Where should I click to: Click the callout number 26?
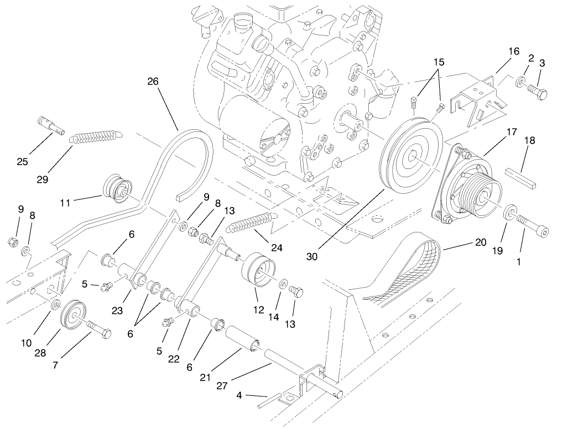point(153,81)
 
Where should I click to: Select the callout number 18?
point(530,141)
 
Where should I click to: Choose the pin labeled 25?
point(50,125)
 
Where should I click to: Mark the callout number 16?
point(514,51)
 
